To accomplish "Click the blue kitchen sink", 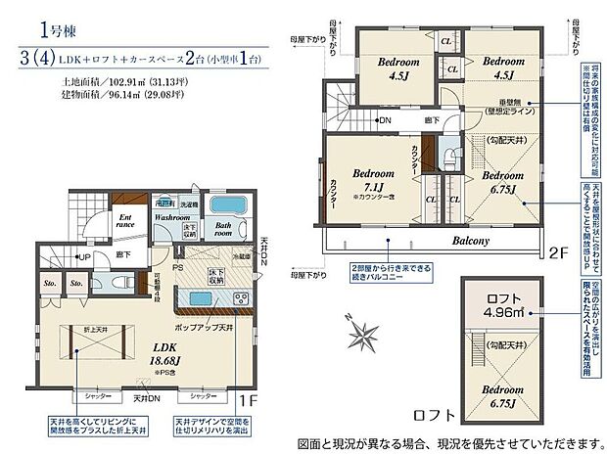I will [x=195, y=297].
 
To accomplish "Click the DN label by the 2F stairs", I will [x=357, y=120].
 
